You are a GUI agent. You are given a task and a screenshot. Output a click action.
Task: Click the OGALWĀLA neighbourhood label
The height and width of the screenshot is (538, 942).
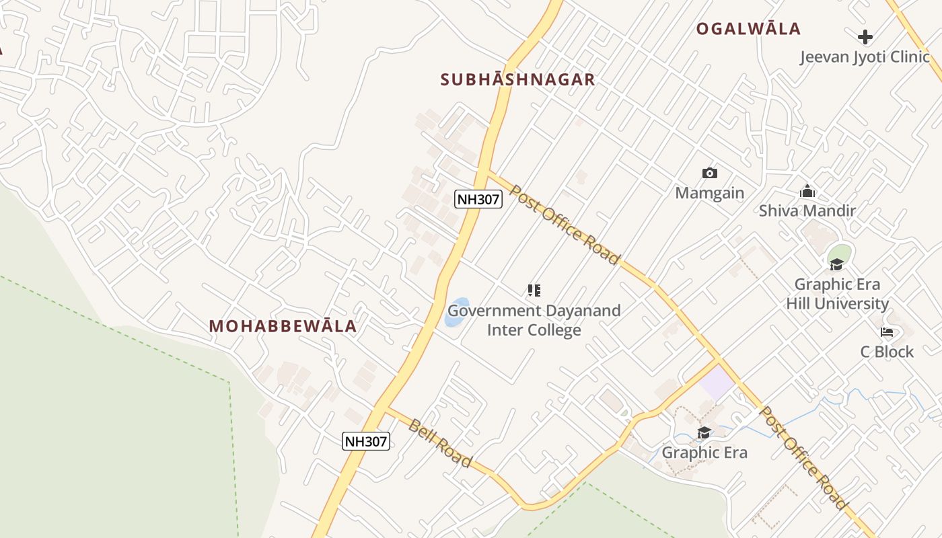click(748, 29)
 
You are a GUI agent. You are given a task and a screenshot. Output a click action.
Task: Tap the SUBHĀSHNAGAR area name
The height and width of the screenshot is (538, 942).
click(517, 80)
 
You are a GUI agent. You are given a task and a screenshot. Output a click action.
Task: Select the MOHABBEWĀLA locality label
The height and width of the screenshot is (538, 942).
click(283, 326)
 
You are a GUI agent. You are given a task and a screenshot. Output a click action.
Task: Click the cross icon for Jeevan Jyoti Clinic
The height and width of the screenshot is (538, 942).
click(865, 37)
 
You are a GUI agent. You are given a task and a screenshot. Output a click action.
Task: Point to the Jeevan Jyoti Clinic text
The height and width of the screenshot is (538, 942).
click(865, 57)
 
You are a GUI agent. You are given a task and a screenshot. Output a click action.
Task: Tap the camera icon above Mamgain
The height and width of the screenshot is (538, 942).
click(709, 174)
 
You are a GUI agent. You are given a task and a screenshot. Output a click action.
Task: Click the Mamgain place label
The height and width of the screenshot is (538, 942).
click(710, 193)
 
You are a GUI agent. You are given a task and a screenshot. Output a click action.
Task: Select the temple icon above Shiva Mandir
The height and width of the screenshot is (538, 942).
click(807, 192)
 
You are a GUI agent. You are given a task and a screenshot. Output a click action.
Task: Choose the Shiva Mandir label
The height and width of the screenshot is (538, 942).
click(807, 210)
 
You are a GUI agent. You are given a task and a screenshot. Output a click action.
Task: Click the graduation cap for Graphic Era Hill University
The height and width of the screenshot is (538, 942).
click(836, 264)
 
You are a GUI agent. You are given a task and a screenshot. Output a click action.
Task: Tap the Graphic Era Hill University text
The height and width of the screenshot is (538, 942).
click(838, 294)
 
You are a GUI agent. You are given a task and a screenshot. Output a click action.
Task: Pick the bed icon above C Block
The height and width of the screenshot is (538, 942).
click(887, 332)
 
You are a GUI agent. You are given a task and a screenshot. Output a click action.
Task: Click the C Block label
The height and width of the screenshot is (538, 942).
click(887, 352)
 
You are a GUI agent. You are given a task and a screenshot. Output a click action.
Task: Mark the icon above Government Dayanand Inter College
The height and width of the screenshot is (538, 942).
click(534, 291)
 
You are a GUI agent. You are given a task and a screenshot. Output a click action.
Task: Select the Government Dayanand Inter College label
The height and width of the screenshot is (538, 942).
click(534, 321)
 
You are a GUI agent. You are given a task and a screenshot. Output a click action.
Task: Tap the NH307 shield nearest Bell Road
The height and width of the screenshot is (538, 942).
click(366, 441)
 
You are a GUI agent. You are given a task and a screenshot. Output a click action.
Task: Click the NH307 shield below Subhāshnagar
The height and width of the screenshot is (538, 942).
click(478, 199)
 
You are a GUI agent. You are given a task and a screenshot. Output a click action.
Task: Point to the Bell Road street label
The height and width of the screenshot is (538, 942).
click(440, 443)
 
